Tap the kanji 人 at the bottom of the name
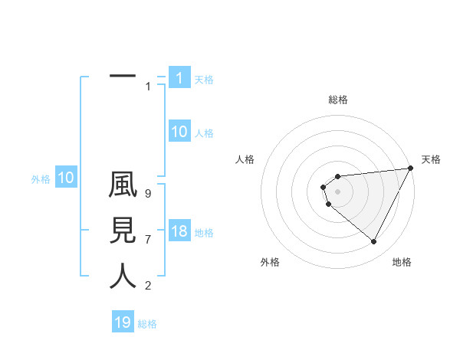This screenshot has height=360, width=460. click(123, 276)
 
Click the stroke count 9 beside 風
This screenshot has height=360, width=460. click(148, 195)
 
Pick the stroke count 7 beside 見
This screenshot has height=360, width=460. click(148, 240)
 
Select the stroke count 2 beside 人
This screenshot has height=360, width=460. click(148, 286)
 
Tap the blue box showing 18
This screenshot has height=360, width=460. click(179, 232)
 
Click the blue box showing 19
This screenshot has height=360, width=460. click(123, 322)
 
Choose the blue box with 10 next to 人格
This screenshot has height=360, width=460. click(179, 132)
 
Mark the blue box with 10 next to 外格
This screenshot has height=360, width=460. click(65, 178)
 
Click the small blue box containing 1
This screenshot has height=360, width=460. click(179, 78)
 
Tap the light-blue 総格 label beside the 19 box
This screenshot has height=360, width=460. click(147, 324)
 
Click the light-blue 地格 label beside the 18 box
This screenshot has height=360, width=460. click(204, 233)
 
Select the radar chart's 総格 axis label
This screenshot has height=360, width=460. click(338, 100)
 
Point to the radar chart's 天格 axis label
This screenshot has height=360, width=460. click(431, 159)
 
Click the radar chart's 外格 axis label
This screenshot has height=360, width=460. click(270, 262)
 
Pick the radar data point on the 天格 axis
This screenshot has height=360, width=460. click(410, 168)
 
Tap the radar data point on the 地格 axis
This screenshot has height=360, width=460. click(374, 242)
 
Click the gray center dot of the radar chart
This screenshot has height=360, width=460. click(337, 191)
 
